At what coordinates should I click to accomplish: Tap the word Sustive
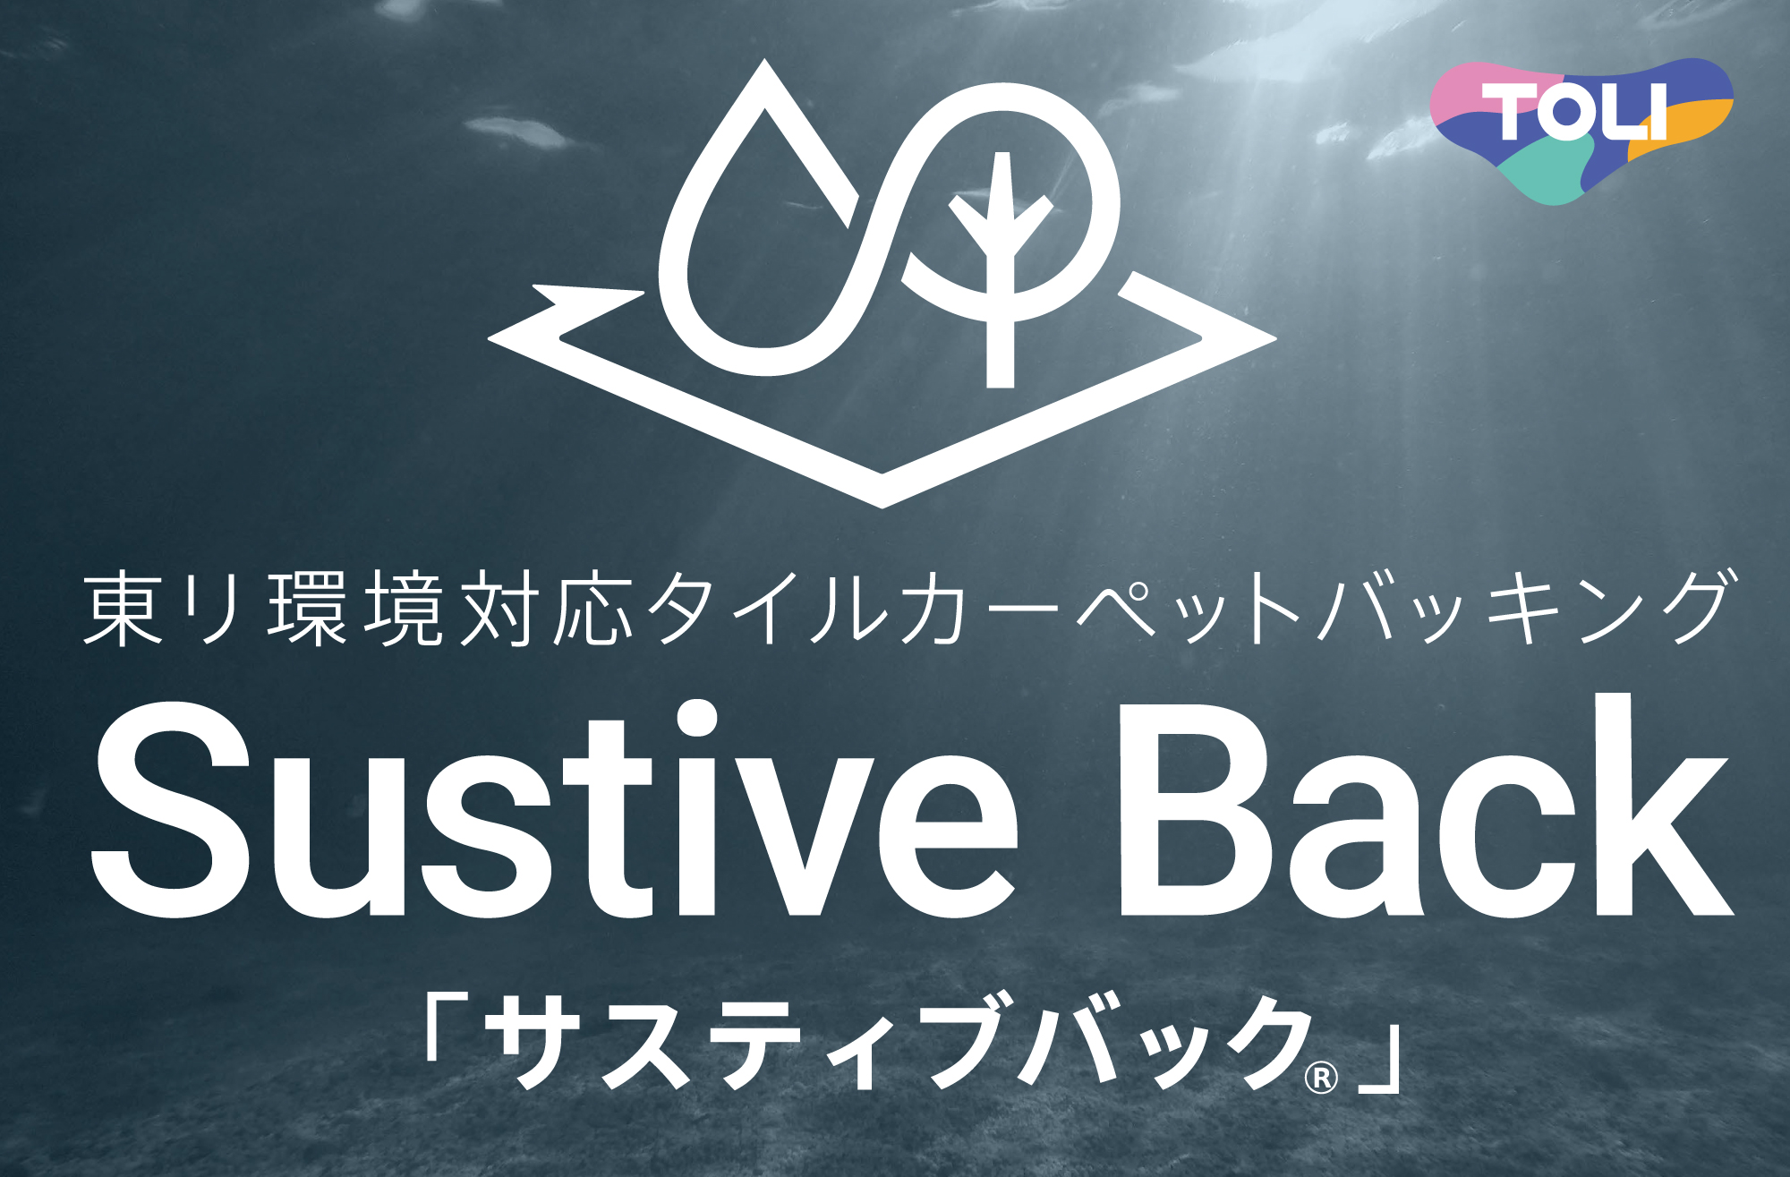(x=555, y=810)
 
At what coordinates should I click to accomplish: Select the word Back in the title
(x=1425, y=806)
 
